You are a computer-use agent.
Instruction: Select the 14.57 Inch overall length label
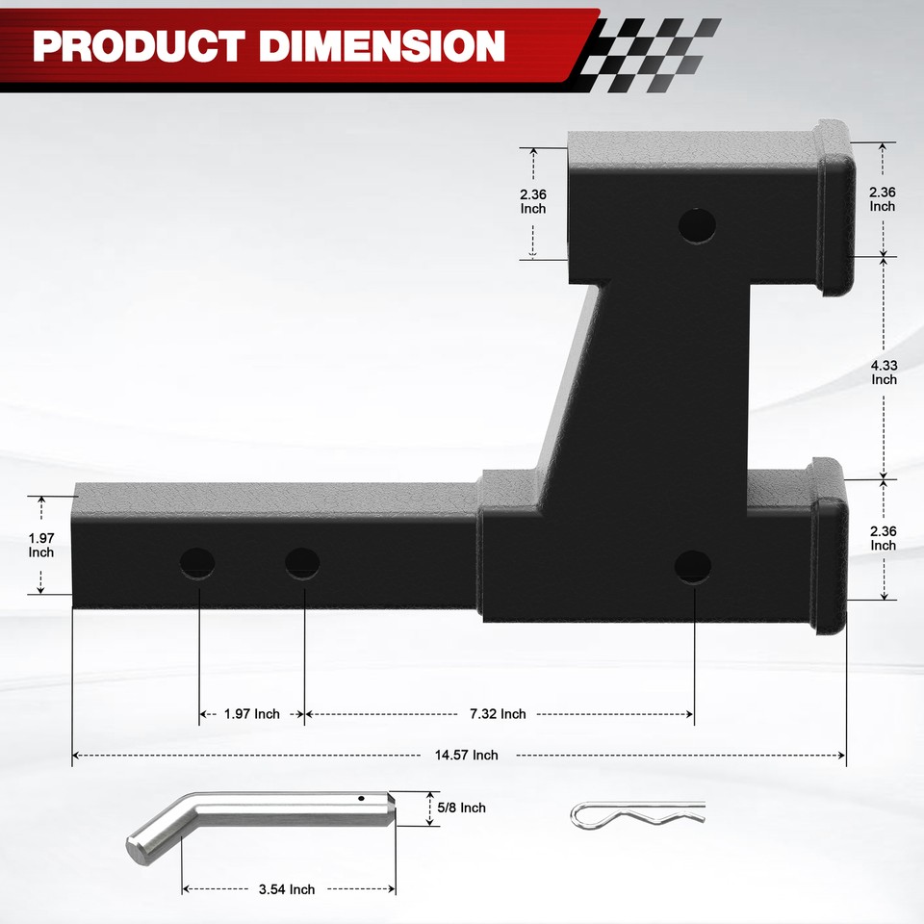[x=466, y=756]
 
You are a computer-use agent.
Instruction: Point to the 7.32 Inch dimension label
[x=498, y=714]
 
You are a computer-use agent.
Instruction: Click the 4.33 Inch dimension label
[x=885, y=372]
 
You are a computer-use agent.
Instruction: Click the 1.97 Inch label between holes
[x=252, y=714]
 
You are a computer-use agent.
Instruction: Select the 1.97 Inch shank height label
[x=41, y=545]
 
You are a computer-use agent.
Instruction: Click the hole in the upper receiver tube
[x=697, y=225]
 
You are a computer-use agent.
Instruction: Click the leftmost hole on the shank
[x=197, y=562]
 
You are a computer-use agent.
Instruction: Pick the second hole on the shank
[x=302, y=563]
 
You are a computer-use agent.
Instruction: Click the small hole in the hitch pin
[x=360, y=798]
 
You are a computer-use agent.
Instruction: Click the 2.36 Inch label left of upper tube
[x=533, y=201]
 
